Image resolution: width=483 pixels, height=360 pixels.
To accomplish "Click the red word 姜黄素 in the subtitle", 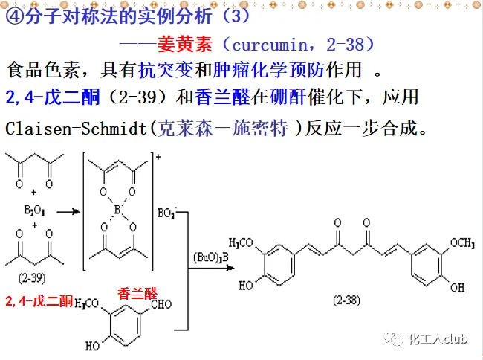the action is (x=184, y=45).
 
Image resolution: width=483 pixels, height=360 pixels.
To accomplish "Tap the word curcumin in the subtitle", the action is (x=269, y=45).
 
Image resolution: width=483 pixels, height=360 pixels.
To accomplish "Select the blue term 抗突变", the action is (x=166, y=70).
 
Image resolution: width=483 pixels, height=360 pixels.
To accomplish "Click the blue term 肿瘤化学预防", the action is (x=268, y=70).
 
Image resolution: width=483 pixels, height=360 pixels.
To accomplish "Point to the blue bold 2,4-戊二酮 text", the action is (x=53, y=97).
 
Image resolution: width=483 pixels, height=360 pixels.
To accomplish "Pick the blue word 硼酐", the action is (x=288, y=97).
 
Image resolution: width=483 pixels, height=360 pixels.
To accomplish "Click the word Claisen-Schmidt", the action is (x=76, y=128).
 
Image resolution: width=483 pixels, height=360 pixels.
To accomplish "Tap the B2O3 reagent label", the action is (x=34, y=210).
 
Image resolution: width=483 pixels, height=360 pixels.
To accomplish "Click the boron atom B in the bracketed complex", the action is (x=117, y=210).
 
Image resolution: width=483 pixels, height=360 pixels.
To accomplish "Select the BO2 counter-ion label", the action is (x=167, y=213).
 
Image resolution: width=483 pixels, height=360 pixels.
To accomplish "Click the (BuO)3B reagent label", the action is (x=211, y=257).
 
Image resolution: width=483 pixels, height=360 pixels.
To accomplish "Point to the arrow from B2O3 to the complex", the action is (x=68, y=212).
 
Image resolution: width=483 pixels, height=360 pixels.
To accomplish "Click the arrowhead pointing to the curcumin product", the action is (x=230, y=268).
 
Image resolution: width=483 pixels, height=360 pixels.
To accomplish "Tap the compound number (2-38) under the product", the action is (x=346, y=300).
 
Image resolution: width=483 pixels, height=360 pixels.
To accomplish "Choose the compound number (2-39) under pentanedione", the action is (x=32, y=278).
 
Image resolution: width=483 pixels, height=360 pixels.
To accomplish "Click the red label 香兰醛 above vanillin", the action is (x=137, y=293).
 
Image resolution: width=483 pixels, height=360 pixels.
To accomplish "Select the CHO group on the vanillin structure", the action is (x=161, y=304).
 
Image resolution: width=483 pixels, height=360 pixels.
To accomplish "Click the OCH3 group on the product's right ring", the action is (x=462, y=243).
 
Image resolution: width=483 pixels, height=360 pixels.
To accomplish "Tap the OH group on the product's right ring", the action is (x=458, y=288).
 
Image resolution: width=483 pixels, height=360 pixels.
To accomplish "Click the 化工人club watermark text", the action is (x=438, y=339).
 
